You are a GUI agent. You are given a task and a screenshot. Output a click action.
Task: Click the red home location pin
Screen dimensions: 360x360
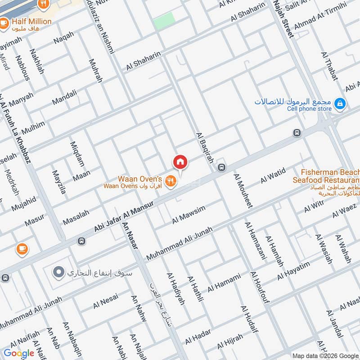coord(180,161)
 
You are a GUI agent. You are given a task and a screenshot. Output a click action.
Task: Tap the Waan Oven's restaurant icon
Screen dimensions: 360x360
coord(170,181)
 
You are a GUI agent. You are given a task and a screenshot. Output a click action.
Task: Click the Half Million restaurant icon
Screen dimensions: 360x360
coord(4,22)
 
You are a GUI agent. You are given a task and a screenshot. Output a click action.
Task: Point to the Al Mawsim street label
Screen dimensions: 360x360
coord(189,215)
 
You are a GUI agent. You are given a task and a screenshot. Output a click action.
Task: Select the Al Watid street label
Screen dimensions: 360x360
coord(273,175)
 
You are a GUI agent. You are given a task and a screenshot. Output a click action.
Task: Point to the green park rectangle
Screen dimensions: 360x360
coord(164,21)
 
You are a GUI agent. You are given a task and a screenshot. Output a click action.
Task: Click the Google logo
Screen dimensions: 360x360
coord(18,353)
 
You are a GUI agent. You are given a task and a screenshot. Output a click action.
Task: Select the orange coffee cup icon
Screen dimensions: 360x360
coord(22,248)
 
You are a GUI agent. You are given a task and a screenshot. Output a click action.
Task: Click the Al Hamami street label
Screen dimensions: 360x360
coord(224,282)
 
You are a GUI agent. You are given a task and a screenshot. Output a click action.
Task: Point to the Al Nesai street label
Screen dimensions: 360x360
coord(105,301)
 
